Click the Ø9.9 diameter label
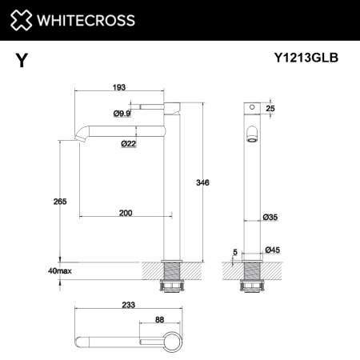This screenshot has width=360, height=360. [x=122, y=114]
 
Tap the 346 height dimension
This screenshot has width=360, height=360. [x=203, y=184]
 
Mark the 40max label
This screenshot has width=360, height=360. [x=59, y=272]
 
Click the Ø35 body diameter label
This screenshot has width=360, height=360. [x=270, y=216]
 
